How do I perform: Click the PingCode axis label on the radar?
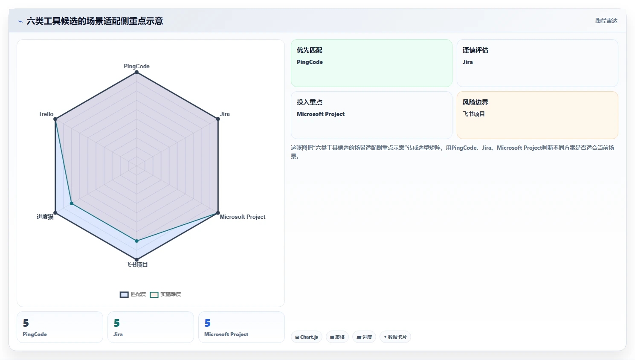pyautogui.click(x=136, y=66)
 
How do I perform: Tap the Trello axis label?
pyautogui.click(x=46, y=114)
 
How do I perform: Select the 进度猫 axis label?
pyautogui.click(x=45, y=217)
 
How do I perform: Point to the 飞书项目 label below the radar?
pyautogui.click(x=136, y=264)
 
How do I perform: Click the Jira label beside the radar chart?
pyautogui.click(x=225, y=114)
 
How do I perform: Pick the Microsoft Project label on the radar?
pyautogui.click(x=243, y=217)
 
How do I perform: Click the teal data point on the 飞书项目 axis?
pyautogui.click(x=136, y=241)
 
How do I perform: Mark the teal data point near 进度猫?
pyautogui.click(x=72, y=203)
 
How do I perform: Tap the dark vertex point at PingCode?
pyautogui.click(x=136, y=72)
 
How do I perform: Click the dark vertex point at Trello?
pyautogui.click(x=55, y=119)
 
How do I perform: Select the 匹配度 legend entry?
pyautogui.click(x=133, y=294)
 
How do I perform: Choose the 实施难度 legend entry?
pyautogui.click(x=165, y=294)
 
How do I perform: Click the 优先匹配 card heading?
pyautogui.click(x=310, y=50)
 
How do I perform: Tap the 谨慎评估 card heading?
pyautogui.click(x=476, y=50)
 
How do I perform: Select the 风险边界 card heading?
pyautogui.click(x=476, y=102)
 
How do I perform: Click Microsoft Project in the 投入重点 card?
pyautogui.click(x=321, y=114)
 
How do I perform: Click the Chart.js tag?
pyautogui.click(x=307, y=337)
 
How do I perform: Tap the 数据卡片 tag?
pyautogui.click(x=395, y=337)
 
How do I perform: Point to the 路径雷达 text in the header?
pyautogui.click(x=606, y=21)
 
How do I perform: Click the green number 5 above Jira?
pyautogui.click(x=117, y=323)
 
